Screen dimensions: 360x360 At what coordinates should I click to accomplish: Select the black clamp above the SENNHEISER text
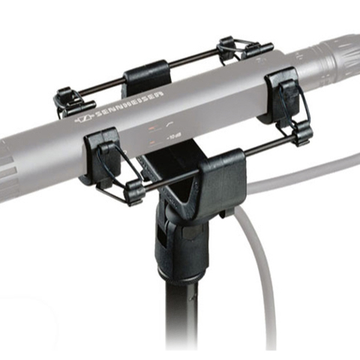(144, 78)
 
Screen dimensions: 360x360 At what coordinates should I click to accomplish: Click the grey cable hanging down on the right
(259, 285)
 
